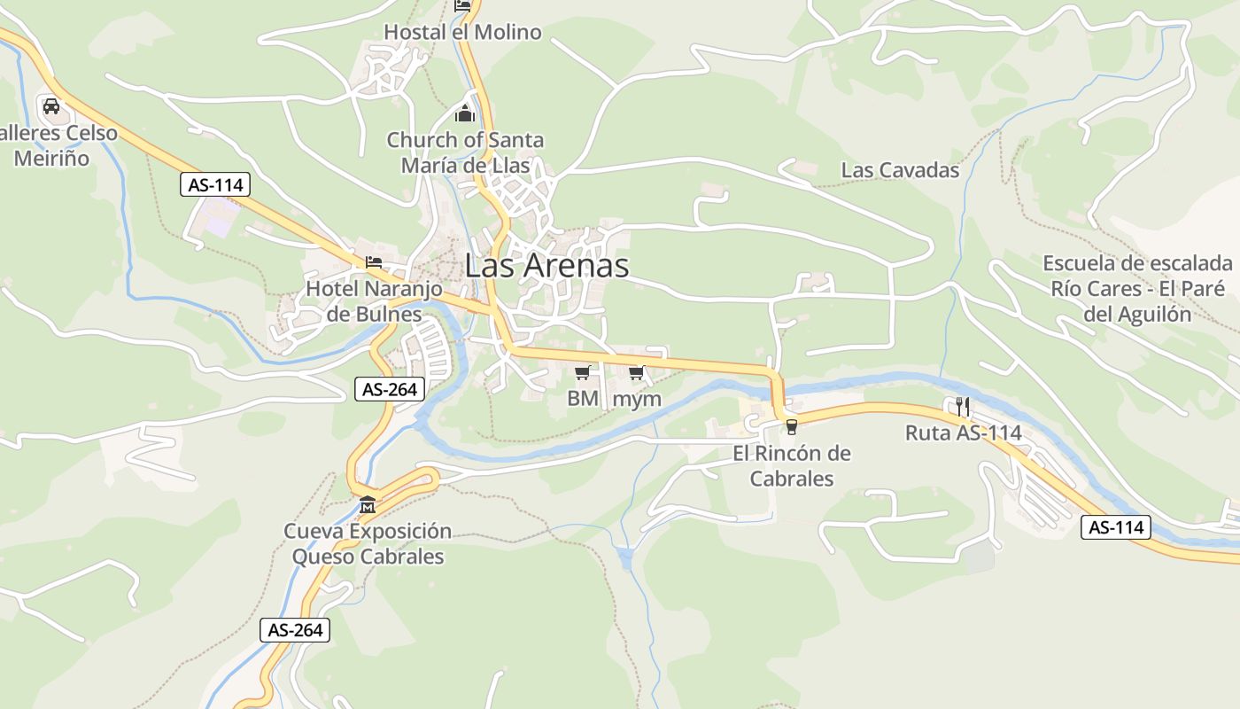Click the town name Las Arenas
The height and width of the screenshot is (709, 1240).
pos(546,265)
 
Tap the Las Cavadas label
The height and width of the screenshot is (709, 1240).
pos(900,170)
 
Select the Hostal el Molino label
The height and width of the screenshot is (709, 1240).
pos(462,33)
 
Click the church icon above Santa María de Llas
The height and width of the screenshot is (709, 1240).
pos(465,113)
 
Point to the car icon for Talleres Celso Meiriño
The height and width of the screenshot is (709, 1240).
pos(51,106)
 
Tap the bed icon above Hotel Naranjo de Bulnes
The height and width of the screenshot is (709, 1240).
pos(374,262)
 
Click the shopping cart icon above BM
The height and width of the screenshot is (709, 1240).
pos(582,373)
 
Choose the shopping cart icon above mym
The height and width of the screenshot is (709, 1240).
pos(636,373)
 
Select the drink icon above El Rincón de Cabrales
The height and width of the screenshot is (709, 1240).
pos(791,427)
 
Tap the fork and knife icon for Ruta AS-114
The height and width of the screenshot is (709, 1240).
pos(964,407)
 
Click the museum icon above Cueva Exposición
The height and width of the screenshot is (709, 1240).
pos(367,505)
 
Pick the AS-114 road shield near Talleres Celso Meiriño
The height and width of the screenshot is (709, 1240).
pos(215,184)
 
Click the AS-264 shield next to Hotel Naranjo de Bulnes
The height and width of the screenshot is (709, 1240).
pos(390,388)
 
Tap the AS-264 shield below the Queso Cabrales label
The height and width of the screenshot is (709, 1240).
pos(295,630)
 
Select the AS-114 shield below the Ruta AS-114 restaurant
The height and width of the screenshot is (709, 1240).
pos(1116,527)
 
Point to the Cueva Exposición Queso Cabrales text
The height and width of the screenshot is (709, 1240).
pos(368,543)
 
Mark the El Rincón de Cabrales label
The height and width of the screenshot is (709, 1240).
pos(792,465)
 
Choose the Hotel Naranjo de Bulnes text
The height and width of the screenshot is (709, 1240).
pos(363,301)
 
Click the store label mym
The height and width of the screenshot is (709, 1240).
pos(637,399)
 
